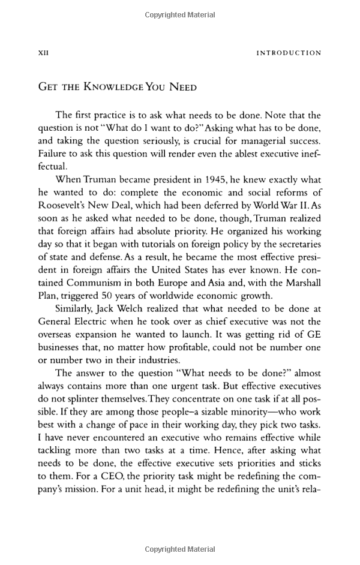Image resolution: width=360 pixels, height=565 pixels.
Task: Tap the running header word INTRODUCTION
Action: click(x=289, y=53)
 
